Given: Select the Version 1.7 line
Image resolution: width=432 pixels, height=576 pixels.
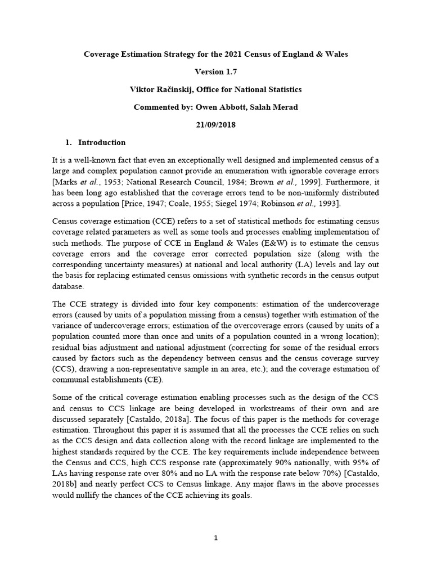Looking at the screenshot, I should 215,71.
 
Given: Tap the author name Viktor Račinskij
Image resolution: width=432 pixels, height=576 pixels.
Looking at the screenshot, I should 168,89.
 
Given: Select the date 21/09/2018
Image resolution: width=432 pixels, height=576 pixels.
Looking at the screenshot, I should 215,125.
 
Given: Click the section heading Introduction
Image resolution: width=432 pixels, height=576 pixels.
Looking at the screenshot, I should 102,142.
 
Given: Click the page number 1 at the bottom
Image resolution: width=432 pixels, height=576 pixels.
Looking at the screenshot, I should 216,538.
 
